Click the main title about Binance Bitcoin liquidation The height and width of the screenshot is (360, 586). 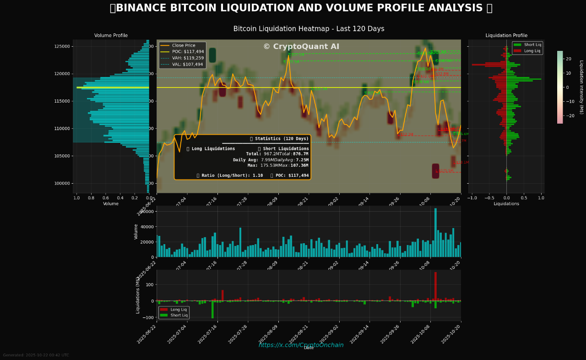click(301, 8)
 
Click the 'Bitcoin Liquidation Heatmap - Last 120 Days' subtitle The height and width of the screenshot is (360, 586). click(309, 29)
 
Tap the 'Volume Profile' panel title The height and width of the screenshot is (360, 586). click(111, 36)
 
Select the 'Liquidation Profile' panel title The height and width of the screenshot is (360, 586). click(506, 36)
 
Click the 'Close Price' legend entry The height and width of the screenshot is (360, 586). click(184, 46)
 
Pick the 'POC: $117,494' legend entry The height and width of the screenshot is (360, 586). click(188, 52)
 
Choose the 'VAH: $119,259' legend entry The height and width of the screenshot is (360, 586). click(188, 58)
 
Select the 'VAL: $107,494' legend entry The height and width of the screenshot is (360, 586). click(188, 65)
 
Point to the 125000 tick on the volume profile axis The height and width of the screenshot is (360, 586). click(62, 47)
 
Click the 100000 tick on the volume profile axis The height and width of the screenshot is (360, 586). click(62, 184)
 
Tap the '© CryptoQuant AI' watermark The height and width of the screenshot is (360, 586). click(301, 47)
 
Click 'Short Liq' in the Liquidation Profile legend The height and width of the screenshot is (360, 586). click(532, 45)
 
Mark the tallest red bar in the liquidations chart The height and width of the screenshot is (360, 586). click(435, 286)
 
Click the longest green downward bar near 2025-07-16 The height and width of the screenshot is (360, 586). click(212, 310)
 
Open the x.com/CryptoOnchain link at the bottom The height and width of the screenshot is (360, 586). click(301, 345)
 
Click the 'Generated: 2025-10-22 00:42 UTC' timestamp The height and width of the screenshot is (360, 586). click(36, 355)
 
